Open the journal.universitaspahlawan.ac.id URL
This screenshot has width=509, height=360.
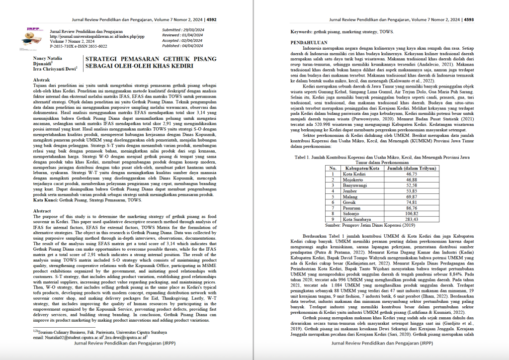[x=97, y=36]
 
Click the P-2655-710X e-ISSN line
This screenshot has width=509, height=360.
[x=79, y=46]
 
